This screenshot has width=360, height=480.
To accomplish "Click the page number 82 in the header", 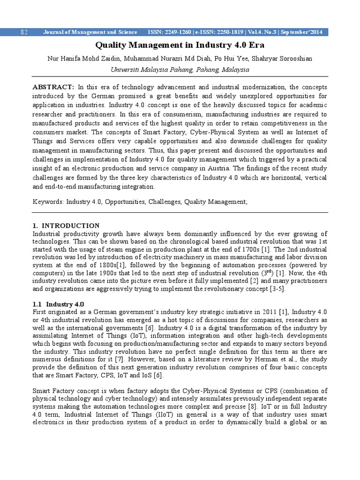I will tap(24, 32).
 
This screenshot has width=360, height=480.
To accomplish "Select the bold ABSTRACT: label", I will tap(53, 88).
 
